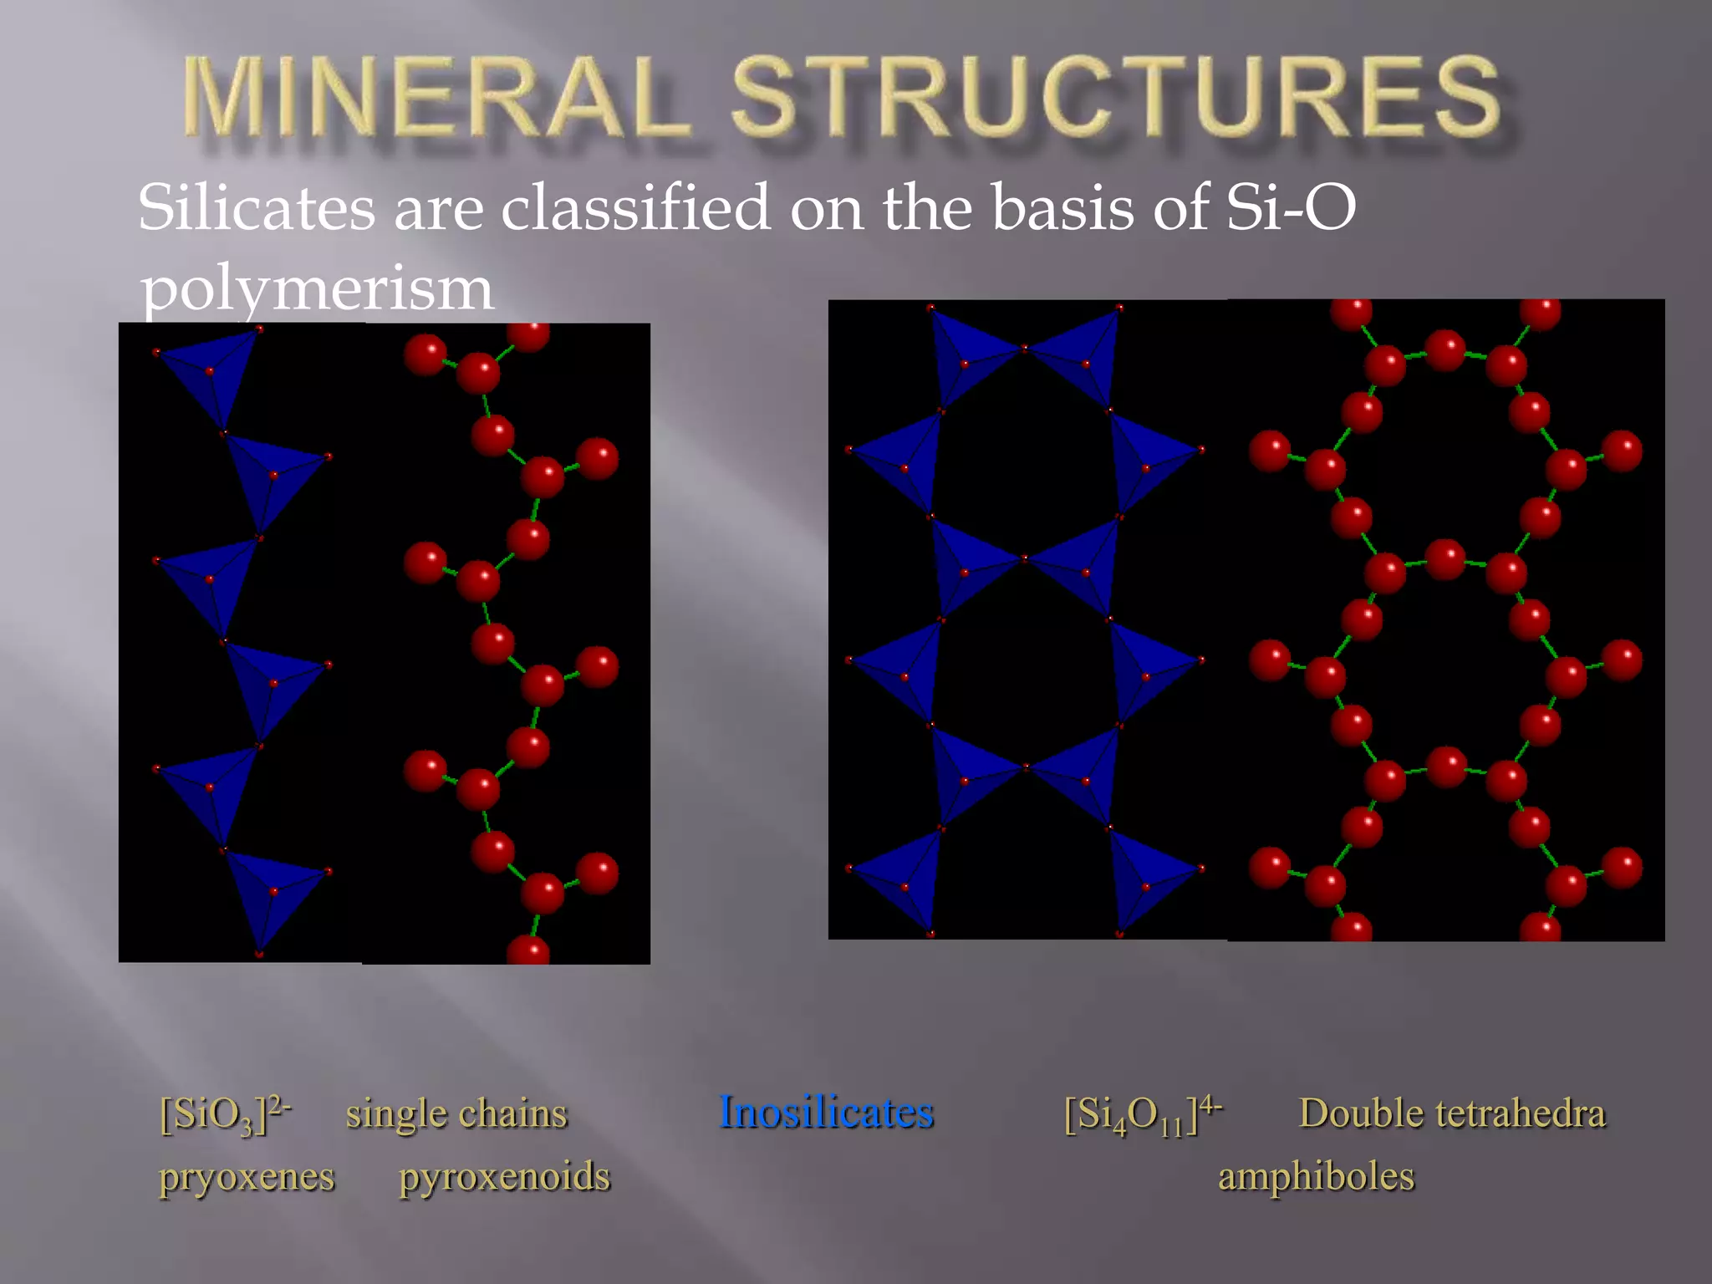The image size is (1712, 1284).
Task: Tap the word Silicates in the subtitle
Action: click(x=256, y=209)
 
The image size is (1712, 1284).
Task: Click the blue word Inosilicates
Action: click(x=826, y=1113)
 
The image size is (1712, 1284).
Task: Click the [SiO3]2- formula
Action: click(x=225, y=1114)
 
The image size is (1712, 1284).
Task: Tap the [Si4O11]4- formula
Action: click(x=1142, y=1114)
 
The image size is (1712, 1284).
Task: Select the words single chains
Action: click(x=456, y=1114)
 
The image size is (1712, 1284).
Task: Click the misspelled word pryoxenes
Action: click(x=247, y=1177)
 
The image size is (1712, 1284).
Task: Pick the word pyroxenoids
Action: click(x=505, y=1177)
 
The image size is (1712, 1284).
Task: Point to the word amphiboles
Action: click(x=1316, y=1177)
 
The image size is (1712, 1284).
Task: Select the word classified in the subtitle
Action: click(x=635, y=209)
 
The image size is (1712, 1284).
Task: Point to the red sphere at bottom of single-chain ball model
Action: click(x=528, y=951)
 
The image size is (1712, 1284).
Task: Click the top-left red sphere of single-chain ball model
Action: click(x=425, y=355)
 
